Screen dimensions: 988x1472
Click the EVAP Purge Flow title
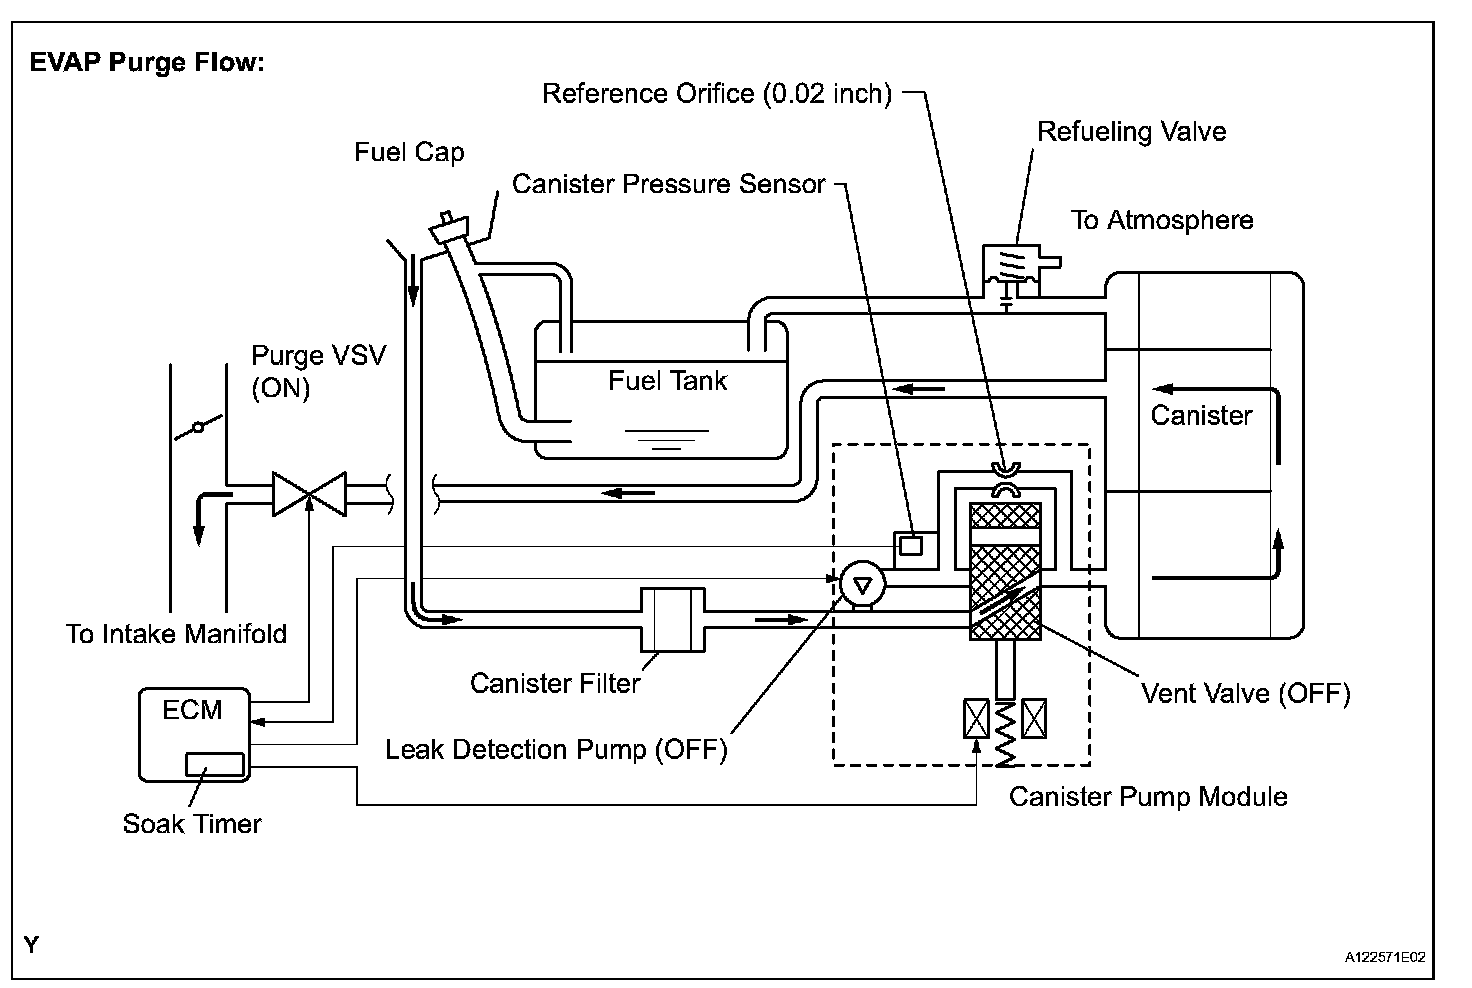click(x=146, y=63)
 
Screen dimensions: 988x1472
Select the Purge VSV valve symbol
click(x=309, y=494)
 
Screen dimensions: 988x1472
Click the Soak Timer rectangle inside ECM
click(x=214, y=764)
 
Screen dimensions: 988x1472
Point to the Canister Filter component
click(x=671, y=620)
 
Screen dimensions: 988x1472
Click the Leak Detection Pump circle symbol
click(x=860, y=583)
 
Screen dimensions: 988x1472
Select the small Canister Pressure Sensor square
click(x=910, y=545)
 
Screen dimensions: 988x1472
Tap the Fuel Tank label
click(x=667, y=381)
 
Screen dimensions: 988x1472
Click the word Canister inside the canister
click(x=1201, y=416)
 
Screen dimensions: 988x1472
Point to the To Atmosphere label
click(x=1162, y=220)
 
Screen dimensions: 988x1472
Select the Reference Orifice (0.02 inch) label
click(x=716, y=94)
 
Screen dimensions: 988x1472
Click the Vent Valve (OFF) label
click(x=1246, y=693)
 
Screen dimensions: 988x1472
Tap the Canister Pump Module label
click(x=1148, y=797)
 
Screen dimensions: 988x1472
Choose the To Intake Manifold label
click(x=176, y=634)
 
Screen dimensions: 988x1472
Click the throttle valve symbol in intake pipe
click(x=198, y=428)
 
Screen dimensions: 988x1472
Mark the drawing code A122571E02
click(x=1384, y=957)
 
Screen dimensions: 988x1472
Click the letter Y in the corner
click(x=32, y=944)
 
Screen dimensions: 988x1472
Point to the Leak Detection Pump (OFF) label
click(x=556, y=749)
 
